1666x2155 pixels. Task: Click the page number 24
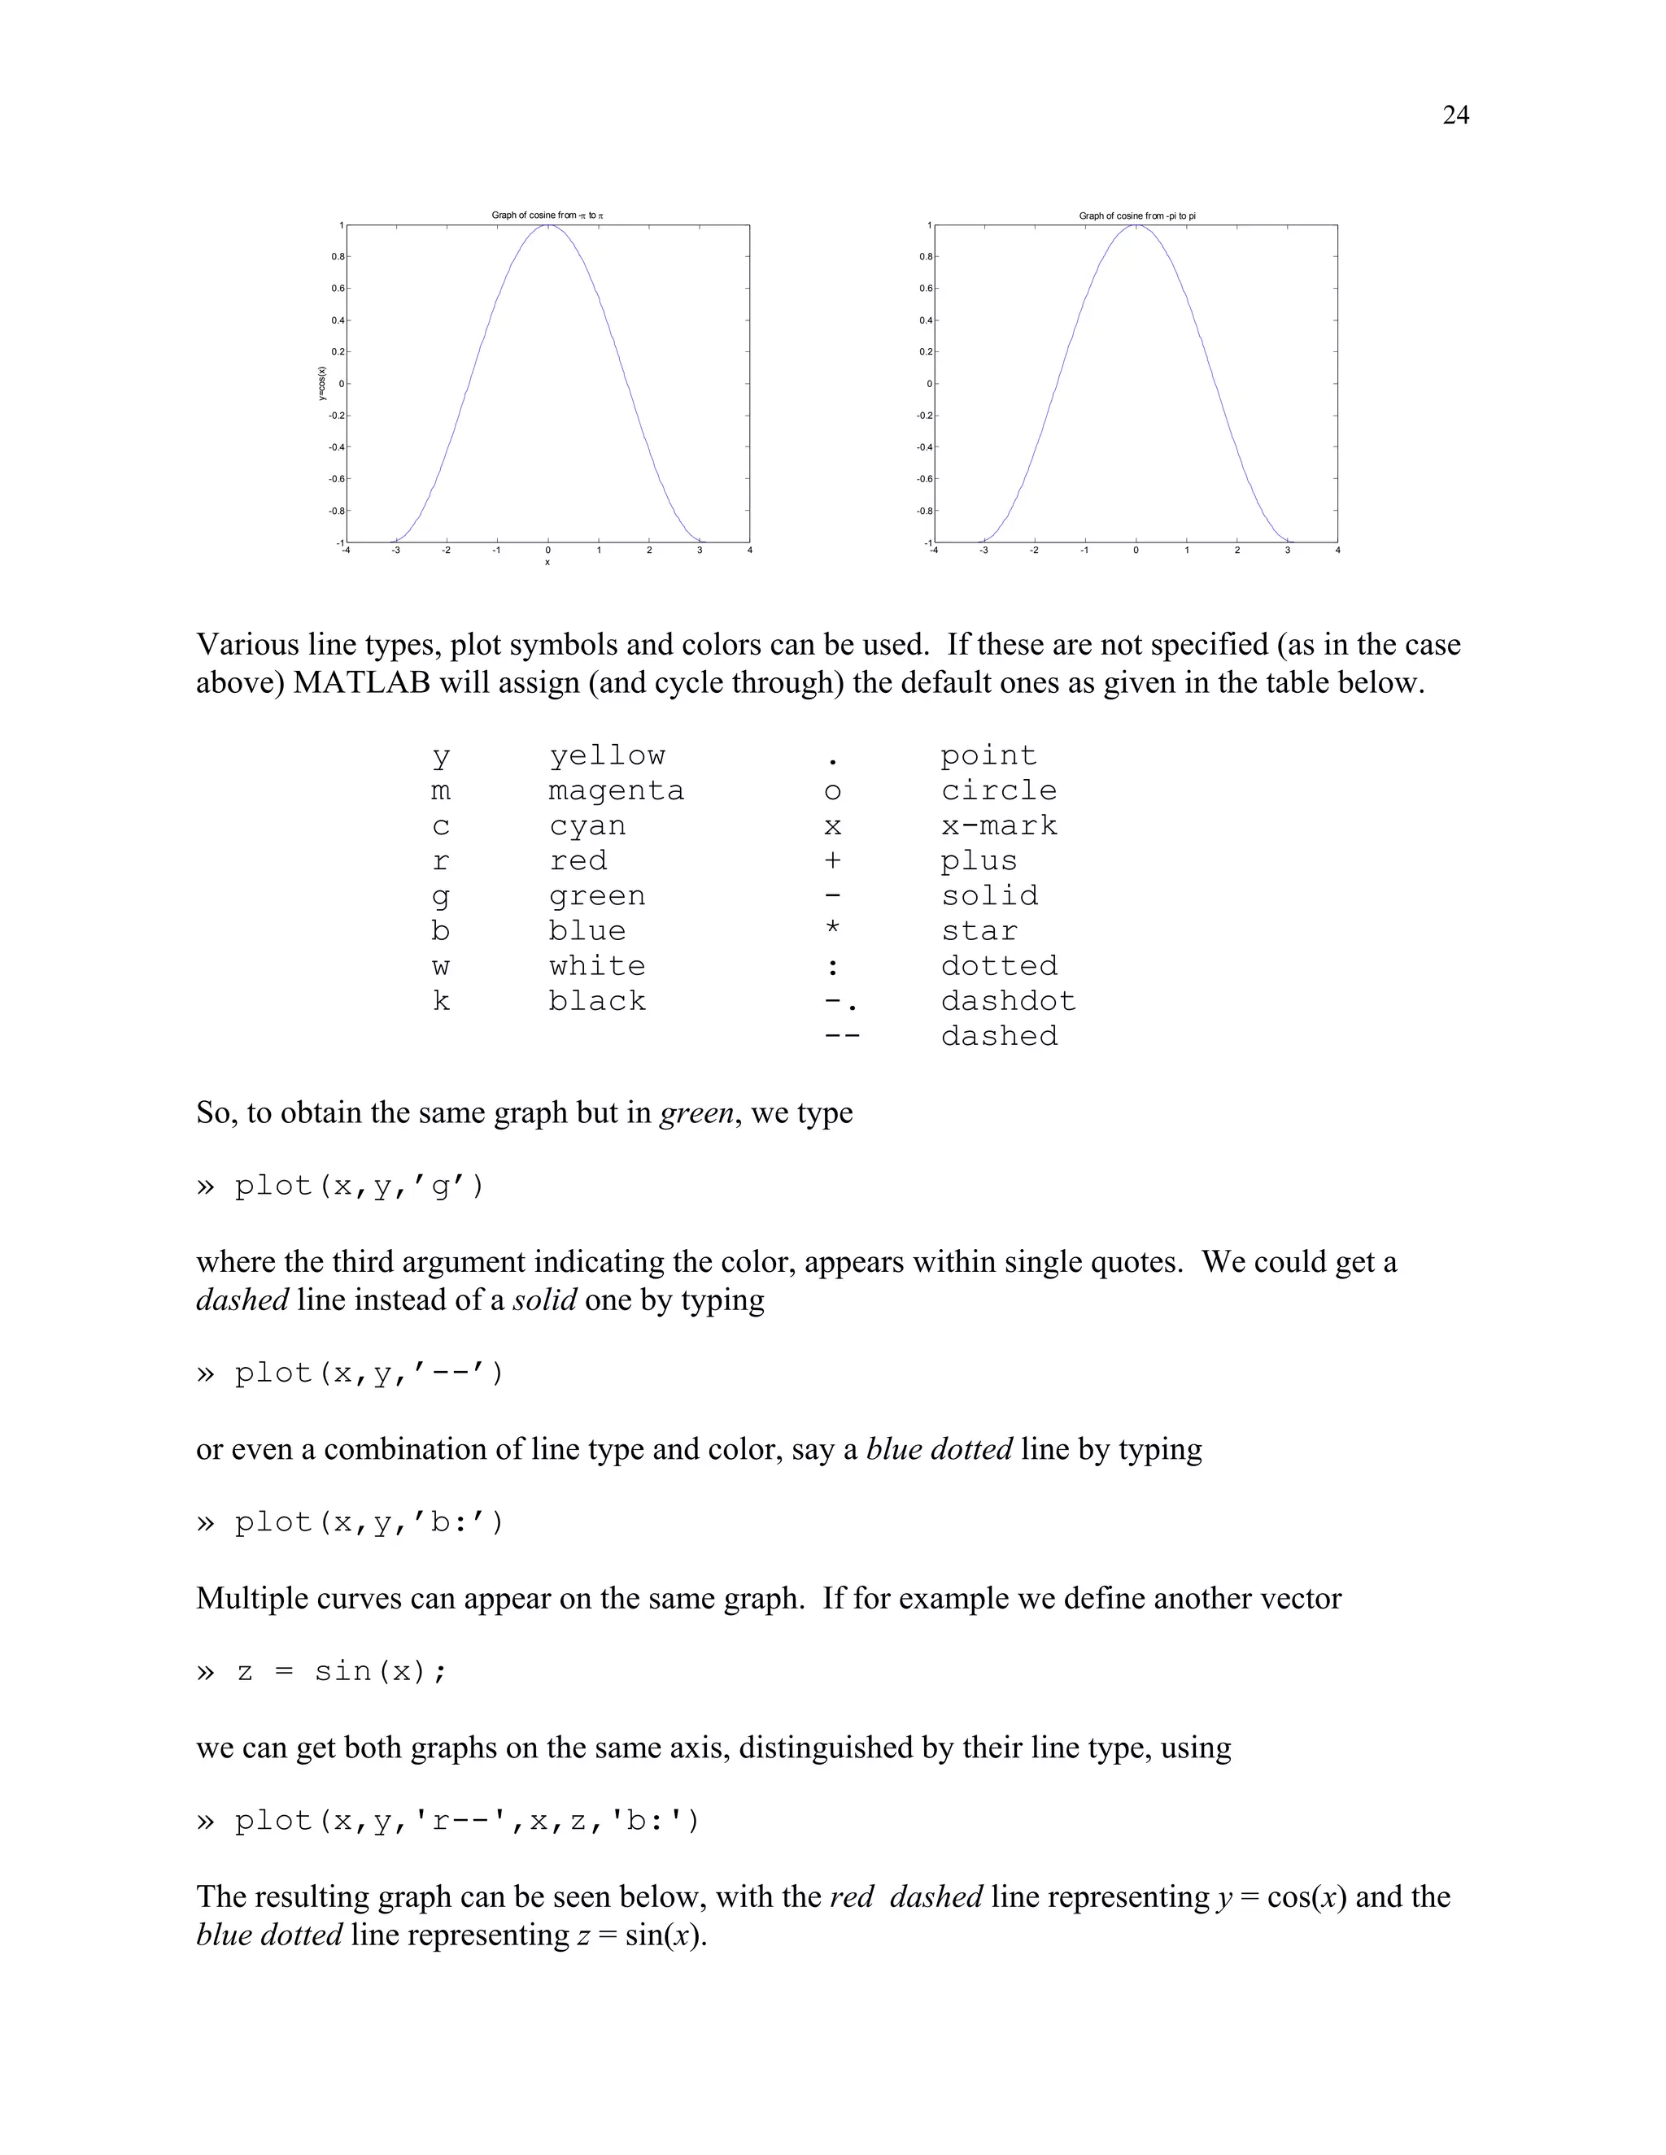click(1454, 115)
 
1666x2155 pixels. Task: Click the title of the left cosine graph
click(547, 215)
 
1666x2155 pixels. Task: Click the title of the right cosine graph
click(1137, 215)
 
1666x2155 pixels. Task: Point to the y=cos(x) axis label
click(322, 384)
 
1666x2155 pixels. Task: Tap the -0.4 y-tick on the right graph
click(924, 447)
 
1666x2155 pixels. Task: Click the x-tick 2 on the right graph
click(1236, 551)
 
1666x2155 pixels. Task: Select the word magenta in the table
click(616, 790)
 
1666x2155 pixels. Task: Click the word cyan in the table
click(587, 826)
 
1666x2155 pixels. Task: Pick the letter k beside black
click(440, 1002)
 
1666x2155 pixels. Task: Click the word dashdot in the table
click(1008, 1002)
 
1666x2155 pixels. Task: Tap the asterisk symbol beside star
click(832, 930)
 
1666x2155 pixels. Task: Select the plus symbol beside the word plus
click(832, 860)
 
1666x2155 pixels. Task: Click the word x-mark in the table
click(998, 826)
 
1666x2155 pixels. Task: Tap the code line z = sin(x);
click(341, 1671)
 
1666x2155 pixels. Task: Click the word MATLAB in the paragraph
click(361, 683)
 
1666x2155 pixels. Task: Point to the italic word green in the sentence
click(696, 1113)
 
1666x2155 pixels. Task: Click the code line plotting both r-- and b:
click(466, 1821)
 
